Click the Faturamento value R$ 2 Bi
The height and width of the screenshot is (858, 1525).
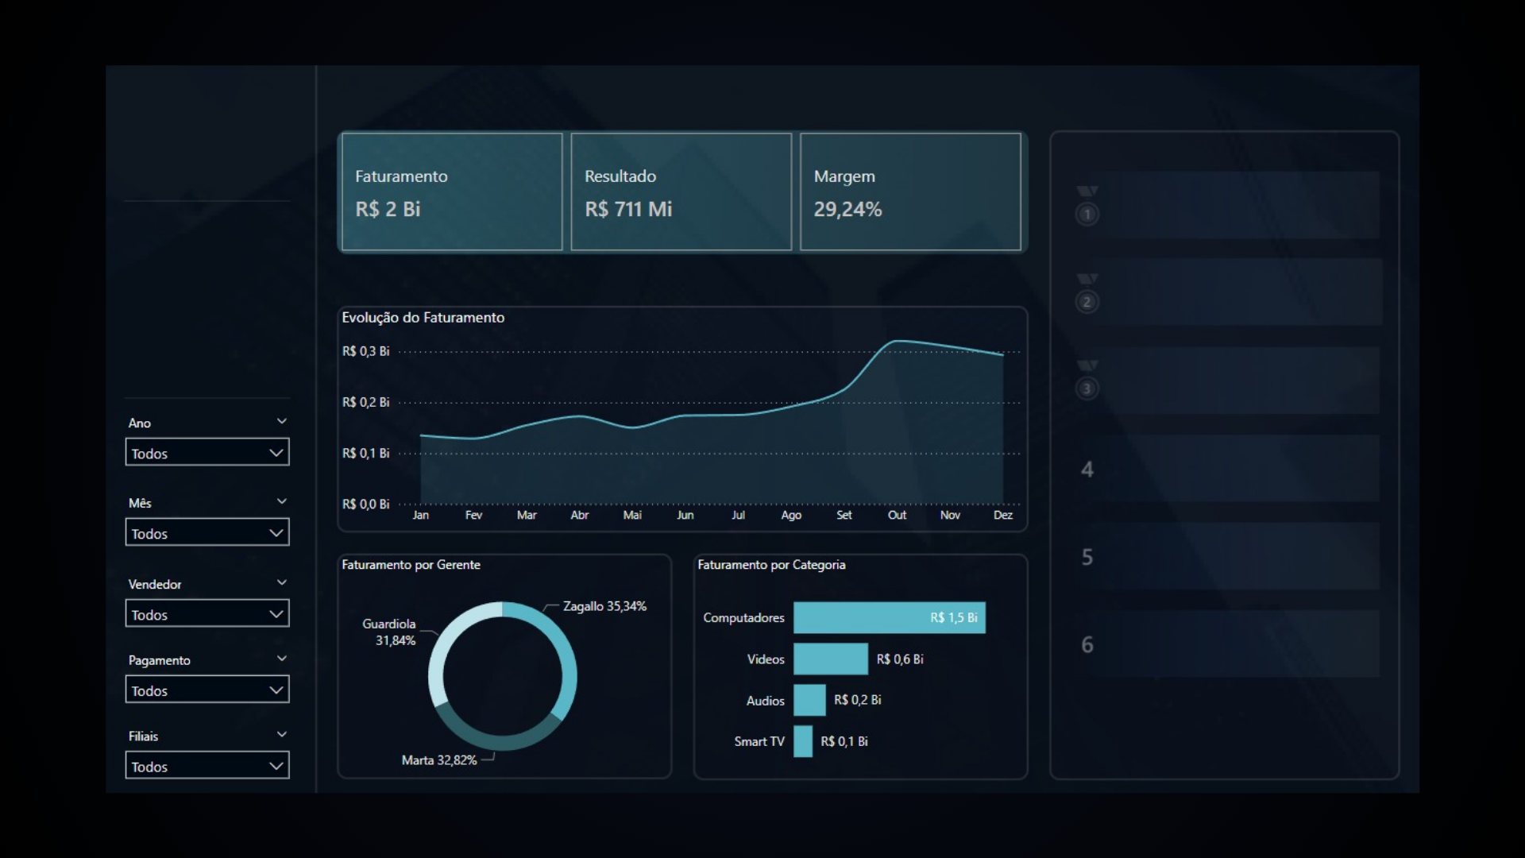click(388, 209)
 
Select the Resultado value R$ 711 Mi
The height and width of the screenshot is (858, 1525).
click(628, 209)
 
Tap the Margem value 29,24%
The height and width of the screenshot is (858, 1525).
click(847, 209)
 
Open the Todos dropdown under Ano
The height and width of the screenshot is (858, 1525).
click(207, 453)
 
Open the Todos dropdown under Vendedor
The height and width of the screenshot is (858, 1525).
click(207, 614)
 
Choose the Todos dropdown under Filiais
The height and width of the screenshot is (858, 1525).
click(207, 766)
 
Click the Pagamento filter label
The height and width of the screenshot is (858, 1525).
click(160, 660)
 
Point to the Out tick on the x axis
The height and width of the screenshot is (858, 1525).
click(897, 515)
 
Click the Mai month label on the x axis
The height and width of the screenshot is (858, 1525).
click(632, 515)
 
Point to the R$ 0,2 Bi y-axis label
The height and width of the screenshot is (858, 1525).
click(365, 402)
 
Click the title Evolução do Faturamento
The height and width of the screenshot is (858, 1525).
click(423, 318)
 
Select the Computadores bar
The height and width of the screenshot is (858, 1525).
click(889, 617)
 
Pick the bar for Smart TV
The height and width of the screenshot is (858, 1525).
click(803, 741)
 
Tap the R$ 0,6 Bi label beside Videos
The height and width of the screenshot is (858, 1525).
click(900, 659)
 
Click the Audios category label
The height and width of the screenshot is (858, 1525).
click(765, 701)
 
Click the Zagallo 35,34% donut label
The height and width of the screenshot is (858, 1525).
click(604, 606)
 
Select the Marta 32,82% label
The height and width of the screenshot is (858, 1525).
click(439, 760)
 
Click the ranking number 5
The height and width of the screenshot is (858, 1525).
click(1087, 557)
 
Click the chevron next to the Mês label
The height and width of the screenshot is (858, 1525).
click(282, 501)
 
